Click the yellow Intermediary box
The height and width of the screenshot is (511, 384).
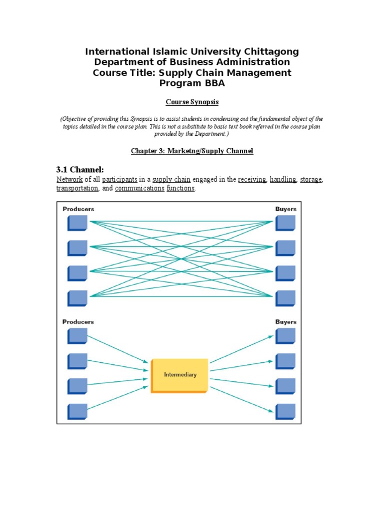179,375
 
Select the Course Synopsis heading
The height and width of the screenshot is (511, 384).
192,102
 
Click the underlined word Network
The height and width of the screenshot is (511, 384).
69,180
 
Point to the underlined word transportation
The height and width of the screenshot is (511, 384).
77,189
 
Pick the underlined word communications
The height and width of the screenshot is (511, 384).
139,189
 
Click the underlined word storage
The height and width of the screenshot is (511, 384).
310,180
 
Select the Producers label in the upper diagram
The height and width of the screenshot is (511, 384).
78,209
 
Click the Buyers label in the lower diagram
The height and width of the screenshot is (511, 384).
285,322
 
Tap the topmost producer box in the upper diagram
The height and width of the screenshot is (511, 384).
77,223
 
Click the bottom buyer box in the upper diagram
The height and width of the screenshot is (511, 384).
285,297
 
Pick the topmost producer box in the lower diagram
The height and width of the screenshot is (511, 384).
77,335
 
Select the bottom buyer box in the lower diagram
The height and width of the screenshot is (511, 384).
285,411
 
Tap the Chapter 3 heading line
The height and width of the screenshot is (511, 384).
192,151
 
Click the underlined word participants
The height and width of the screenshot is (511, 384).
119,180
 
